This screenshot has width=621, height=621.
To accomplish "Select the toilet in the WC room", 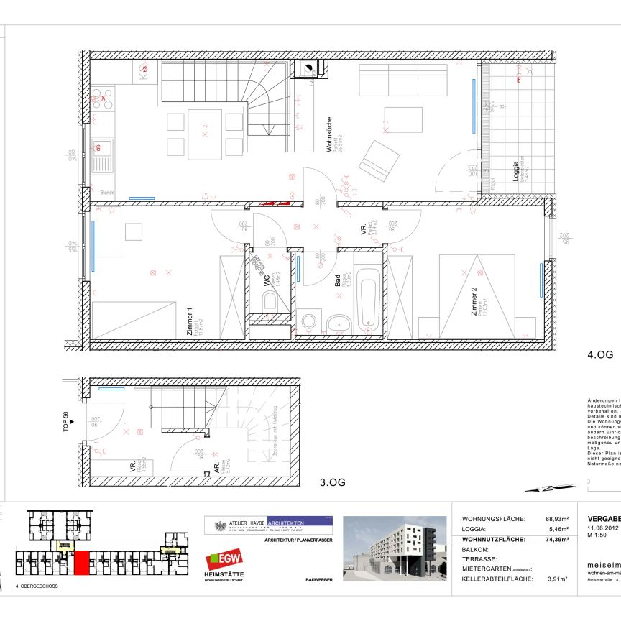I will point(271,303).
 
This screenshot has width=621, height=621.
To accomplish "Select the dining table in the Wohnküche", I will point(205,134).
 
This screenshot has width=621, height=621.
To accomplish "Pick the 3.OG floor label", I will point(332,482).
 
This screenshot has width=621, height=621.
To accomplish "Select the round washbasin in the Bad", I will point(339,323).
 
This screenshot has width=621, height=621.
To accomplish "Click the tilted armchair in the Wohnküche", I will point(378,161).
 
